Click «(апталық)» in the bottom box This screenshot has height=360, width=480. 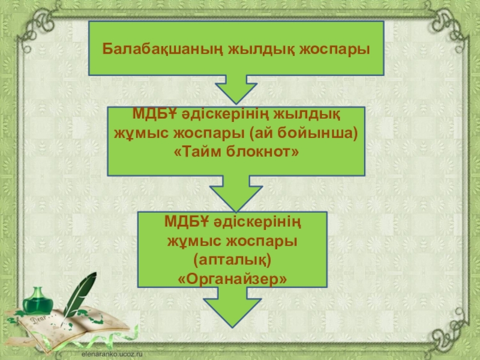click(x=233, y=260)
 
